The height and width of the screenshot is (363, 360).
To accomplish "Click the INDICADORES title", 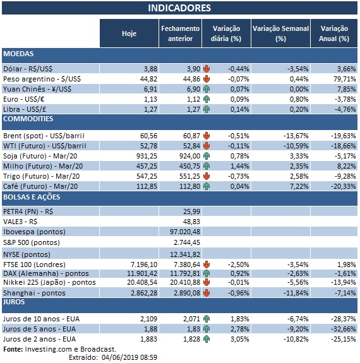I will point(179,8).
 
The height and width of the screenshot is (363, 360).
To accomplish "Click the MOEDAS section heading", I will point(18,54).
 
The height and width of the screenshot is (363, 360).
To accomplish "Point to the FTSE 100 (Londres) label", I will point(39,263).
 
